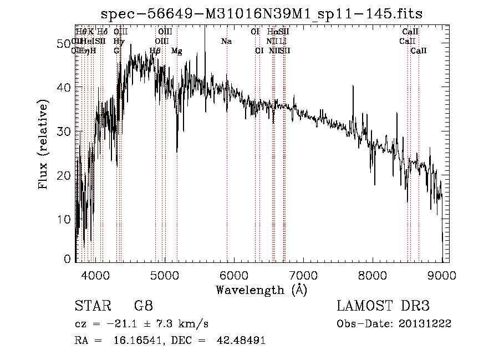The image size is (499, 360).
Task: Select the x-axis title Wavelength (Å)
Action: (261, 290)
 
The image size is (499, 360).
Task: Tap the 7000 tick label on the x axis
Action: (303, 275)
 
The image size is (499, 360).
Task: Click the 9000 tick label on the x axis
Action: (442, 275)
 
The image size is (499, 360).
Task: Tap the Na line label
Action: (226, 42)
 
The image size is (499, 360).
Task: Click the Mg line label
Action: (176, 51)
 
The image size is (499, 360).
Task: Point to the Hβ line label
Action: (155, 51)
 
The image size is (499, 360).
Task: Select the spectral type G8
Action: (143, 306)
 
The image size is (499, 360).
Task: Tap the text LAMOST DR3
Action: (383, 306)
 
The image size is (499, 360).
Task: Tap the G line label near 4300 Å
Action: (116, 51)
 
